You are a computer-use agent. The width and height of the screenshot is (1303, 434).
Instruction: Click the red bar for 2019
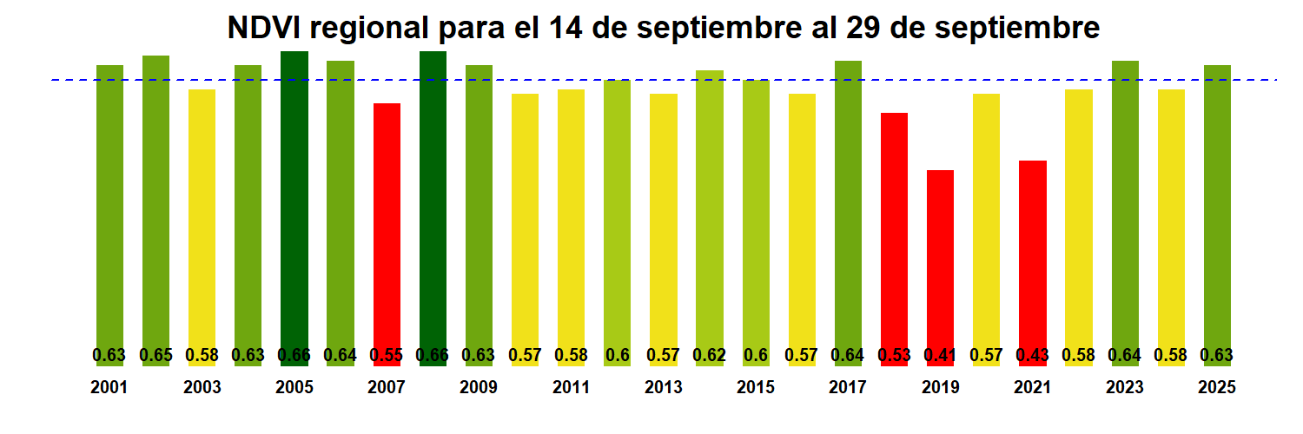(x=940, y=260)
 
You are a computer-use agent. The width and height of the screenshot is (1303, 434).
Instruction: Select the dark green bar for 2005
(x=294, y=200)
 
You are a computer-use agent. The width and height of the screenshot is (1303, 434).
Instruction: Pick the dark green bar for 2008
(x=433, y=200)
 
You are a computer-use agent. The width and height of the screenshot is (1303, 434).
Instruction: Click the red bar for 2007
(x=387, y=226)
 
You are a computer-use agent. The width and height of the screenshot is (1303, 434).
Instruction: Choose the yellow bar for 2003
(x=202, y=217)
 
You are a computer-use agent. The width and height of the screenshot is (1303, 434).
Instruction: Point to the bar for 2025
(x=1217, y=208)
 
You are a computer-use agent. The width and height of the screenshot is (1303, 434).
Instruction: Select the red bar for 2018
(x=894, y=230)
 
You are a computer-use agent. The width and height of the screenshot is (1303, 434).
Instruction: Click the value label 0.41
(x=940, y=355)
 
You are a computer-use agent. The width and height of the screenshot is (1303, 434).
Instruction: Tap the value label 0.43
(x=1032, y=355)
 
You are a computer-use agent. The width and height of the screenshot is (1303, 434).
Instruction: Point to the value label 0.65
(x=155, y=355)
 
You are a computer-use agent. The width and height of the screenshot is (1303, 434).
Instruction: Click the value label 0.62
(x=709, y=355)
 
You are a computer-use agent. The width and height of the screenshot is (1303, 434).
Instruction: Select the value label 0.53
(x=894, y=355)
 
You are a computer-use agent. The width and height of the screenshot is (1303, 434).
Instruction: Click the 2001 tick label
(x=109, y=388)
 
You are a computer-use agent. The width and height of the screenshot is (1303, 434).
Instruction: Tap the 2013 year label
(x=663, y=388)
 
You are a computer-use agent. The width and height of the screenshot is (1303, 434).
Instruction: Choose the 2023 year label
(x=1124, y=388)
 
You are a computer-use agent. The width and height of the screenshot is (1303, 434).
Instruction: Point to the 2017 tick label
(x=848, y=388)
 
